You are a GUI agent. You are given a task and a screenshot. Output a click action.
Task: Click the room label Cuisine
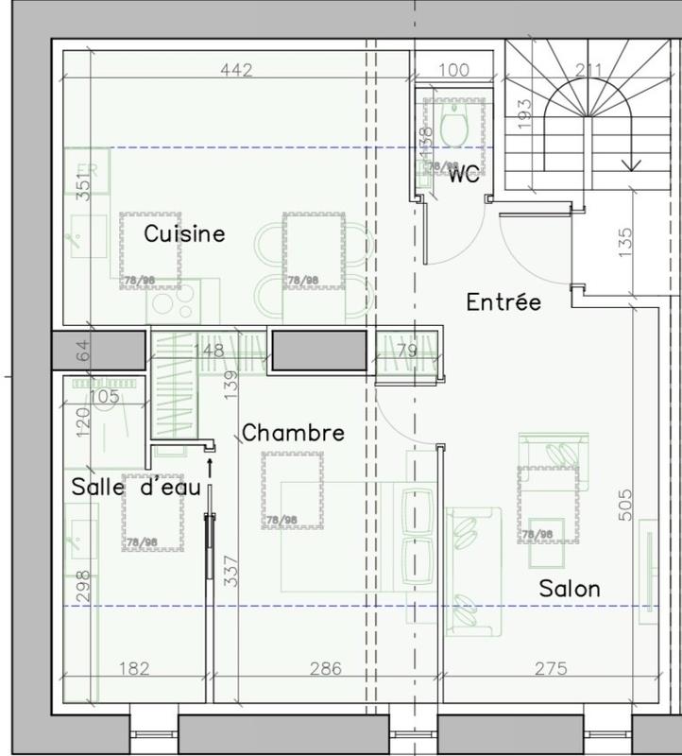184,233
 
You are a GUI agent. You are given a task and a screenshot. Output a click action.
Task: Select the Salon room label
570,588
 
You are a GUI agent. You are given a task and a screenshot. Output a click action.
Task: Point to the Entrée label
503,302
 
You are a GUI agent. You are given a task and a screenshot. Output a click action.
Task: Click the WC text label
463,174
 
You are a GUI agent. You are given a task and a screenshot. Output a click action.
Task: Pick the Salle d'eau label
136,487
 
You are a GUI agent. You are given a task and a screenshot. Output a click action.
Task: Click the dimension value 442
237,70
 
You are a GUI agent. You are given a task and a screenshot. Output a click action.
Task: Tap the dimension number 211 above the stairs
589,70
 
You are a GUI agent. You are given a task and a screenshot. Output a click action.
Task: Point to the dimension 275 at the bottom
551,669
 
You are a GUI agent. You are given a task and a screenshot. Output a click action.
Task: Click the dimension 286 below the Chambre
326,669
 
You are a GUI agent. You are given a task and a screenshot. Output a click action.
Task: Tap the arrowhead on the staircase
631,164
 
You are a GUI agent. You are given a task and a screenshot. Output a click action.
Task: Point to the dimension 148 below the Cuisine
208,351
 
